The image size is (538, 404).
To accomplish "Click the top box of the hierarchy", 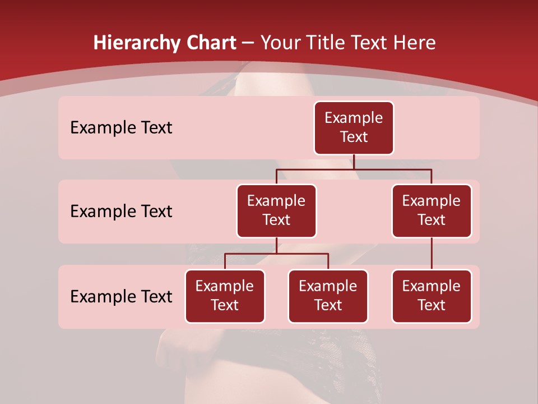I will (354, 127).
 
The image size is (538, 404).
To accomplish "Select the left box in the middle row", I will (276, 210).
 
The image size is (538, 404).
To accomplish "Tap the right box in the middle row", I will (432, 210).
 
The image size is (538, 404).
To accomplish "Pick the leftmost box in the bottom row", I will (225, 296).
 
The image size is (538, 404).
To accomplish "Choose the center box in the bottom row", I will (328, 296).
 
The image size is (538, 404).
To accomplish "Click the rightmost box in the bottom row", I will (432, 296).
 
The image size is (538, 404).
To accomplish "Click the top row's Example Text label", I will (121, 128).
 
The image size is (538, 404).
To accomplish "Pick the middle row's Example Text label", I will (121, 212).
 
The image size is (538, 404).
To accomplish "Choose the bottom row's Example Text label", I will (121, 296).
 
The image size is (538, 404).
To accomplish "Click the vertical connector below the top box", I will (354, 162).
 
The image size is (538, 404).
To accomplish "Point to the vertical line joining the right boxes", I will (432, 253).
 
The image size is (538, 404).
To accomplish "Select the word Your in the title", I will (278, 43).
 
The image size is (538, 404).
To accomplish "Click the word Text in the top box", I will (354, 137).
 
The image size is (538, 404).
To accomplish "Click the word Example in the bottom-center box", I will (328, 286).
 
